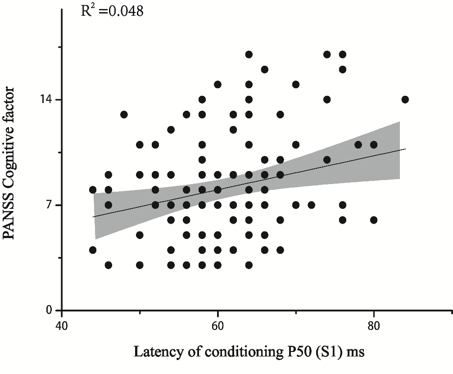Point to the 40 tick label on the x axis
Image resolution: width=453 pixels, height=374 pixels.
(x=62, y=325)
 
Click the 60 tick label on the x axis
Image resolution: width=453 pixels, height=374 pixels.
(x=217, y=325)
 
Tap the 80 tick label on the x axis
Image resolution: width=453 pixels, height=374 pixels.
(x=373, y=325)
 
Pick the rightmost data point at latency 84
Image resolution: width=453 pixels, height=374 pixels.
(x=405, y=99)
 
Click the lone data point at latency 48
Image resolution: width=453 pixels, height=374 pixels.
(x=124, y=114)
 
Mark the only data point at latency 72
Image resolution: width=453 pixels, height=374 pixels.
(x=311, y=205)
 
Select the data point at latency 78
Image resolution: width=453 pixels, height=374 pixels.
(x=358, y=144)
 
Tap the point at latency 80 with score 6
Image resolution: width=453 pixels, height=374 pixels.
(x=373, y=220)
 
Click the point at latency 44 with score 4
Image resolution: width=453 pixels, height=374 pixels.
(x=93, y=250)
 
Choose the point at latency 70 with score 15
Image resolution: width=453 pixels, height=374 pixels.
(x=295, y=84)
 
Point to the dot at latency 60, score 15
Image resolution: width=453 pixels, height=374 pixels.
(x=217, y=84)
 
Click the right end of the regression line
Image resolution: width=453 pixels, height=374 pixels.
(x=406, y=149)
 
